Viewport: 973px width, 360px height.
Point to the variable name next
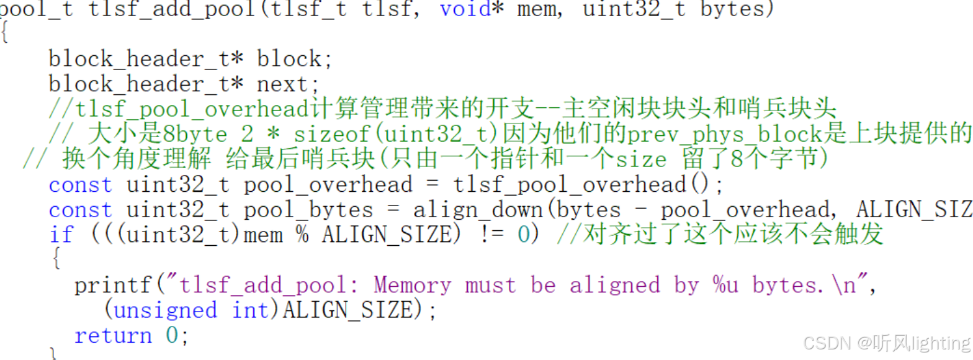282,84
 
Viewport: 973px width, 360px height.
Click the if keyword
61,235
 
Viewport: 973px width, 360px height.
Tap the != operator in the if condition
491,235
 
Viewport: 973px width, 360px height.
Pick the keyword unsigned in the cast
165,310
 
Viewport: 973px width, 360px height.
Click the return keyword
113,336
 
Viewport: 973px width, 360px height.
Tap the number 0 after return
172,336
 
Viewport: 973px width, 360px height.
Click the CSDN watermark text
817,343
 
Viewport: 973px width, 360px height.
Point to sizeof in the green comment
335,135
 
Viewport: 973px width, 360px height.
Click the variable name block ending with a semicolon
289,60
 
